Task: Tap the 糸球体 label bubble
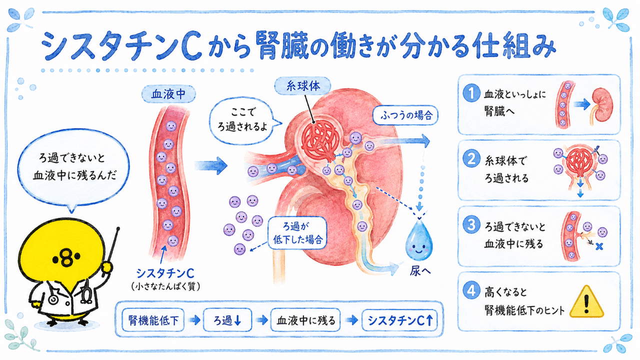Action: click(302, 86)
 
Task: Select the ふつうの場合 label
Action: click(405, 115)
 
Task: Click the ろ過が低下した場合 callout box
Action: click(297, 233)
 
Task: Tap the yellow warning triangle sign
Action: click(586, 303)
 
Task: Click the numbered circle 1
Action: click(471, 93)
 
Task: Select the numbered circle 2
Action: click(471, 158)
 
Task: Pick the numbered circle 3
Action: click(471, 224)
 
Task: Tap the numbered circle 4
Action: click(471, 290)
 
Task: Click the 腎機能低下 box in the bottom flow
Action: click(153, 320)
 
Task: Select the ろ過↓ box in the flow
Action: click(227, 320)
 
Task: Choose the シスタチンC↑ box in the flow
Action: click(399, 320)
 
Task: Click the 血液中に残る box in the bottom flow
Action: click(305, 320)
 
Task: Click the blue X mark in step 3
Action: click(599, 246)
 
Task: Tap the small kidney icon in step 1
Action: click(601, 105)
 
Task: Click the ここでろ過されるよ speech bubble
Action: click(243, 120)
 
